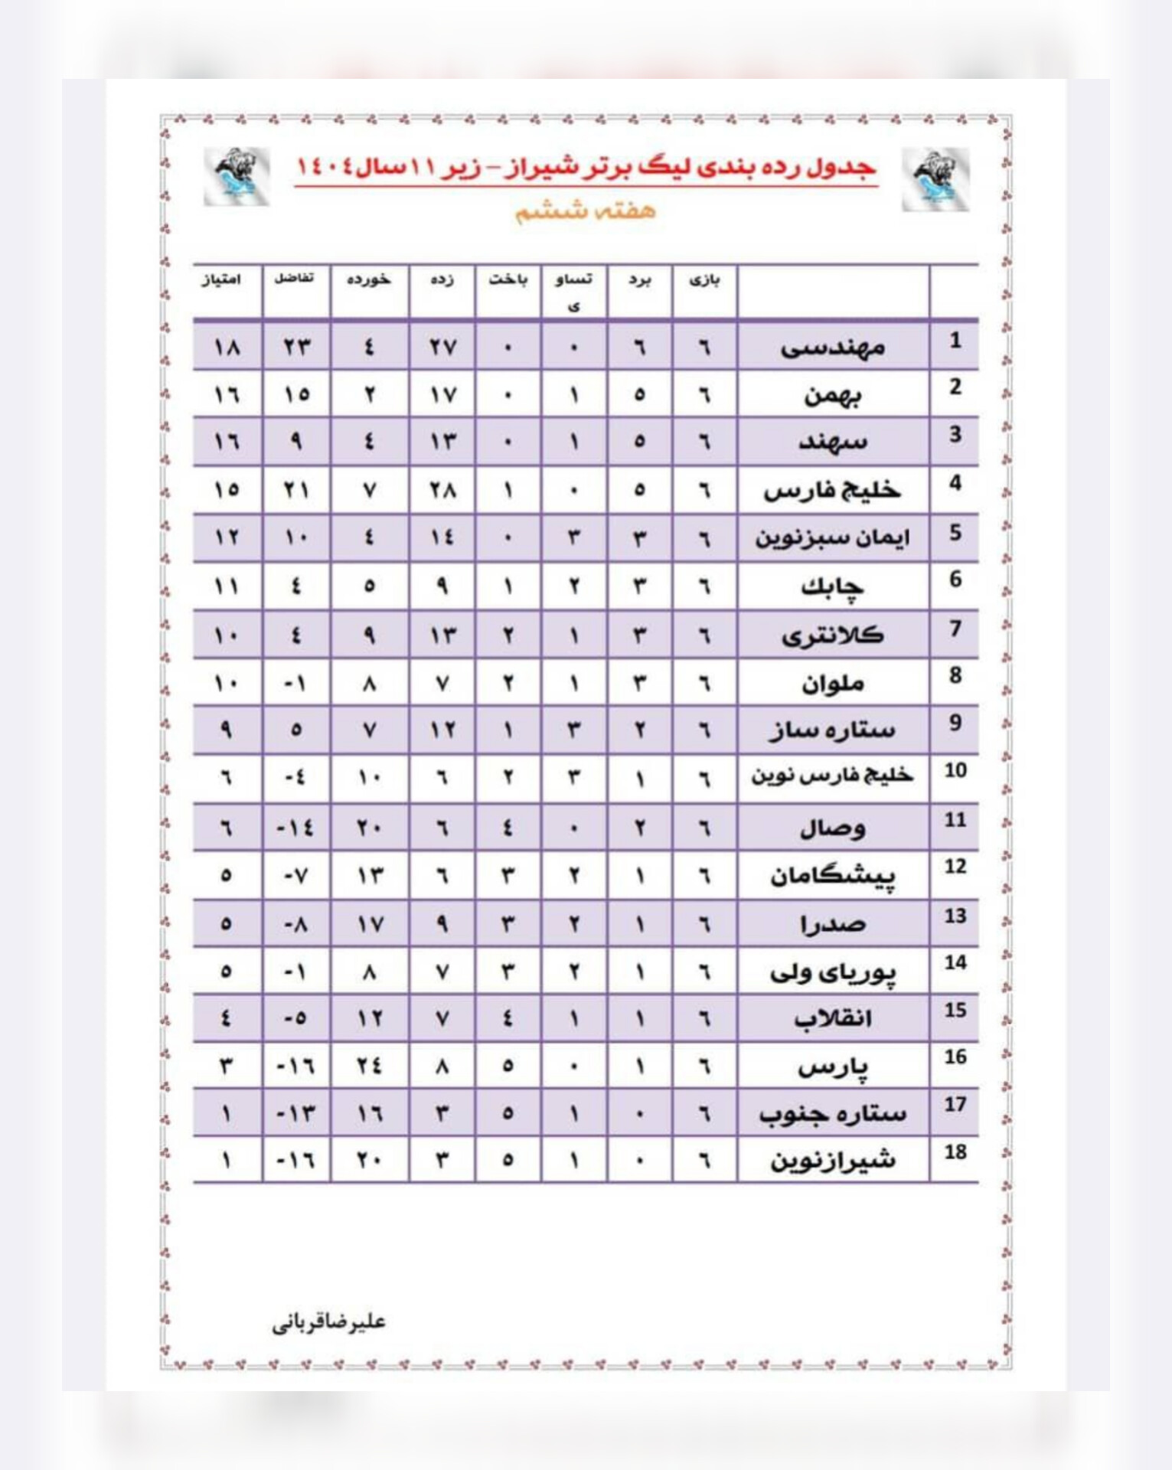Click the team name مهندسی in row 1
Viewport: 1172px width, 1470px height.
(833, 348)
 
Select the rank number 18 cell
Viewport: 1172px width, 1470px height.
(955, 1152)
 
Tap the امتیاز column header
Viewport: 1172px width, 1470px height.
(221, 280)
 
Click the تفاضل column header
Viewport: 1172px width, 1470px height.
(295, 278)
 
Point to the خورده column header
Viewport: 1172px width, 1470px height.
(369, 280)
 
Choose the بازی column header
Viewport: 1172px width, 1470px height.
(704, 280)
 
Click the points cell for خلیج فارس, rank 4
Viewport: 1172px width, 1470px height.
(227, 489)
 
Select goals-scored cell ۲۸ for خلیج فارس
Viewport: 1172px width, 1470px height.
(442, 489)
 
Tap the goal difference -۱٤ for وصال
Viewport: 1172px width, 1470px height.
(295, 828)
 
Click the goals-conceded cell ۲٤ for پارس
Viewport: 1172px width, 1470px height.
(369, 1065)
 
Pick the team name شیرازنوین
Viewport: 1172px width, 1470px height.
(833, 1160)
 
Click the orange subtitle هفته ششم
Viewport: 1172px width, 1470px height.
(586, 211)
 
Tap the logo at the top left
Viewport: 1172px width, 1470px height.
(237, 177)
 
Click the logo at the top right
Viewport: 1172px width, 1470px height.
(935, 179)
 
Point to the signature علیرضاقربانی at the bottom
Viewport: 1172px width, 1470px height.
(328, 1322)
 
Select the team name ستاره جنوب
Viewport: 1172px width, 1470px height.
(833, 1112)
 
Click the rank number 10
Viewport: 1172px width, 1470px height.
(955, 770)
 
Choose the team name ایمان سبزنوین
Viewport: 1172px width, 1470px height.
(833, 537)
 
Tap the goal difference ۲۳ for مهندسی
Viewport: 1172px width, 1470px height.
(295, 348)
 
